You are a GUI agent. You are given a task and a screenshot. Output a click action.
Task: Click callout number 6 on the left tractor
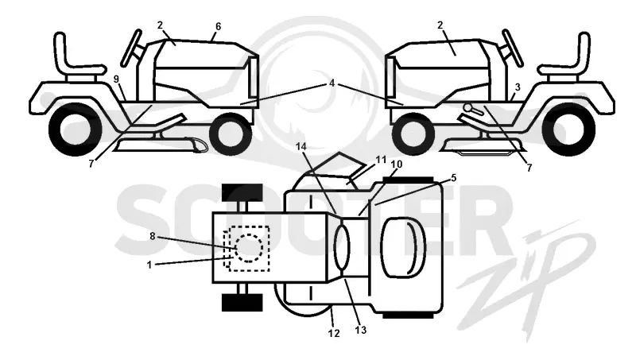pos(218,27)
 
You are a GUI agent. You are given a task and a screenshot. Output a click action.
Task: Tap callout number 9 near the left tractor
pos(116,79)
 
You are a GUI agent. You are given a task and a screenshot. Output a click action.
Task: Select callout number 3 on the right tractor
pos(518,87)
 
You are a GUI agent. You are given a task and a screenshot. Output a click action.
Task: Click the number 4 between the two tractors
pos(332,83)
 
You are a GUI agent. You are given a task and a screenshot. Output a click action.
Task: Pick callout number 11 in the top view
pos(381,160)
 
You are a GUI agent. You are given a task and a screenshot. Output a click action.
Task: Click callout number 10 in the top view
pos(396,165)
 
